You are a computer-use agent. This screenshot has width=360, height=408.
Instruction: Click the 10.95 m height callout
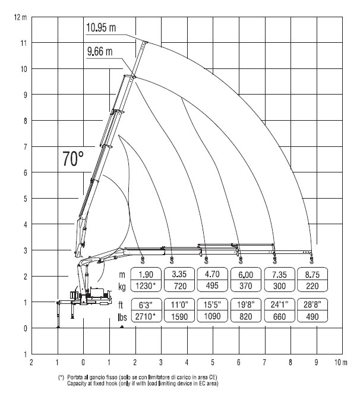pyautogui.click(x=101, y=27)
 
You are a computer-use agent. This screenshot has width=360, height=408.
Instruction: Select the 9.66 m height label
pyautogui.click(x=100, y=52)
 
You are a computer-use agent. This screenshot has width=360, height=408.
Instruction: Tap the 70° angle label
pyautogui.click(x=73, y=159)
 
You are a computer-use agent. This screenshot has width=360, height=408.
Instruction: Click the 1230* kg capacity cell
pyautogui.click(x=146, y=286)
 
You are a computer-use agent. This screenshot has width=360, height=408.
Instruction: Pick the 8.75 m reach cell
pyautogui.click(x=312, y=274)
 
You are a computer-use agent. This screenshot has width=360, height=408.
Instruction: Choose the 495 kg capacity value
pyautogui.click(x=212, y=285)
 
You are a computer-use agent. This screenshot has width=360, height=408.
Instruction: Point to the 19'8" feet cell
pyautogui.click(x=245, y=305)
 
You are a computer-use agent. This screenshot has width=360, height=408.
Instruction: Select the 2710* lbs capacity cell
pyautogui.click(x=146, y=316)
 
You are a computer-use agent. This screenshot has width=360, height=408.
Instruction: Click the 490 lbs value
pyautogui.click(x=312, y=316)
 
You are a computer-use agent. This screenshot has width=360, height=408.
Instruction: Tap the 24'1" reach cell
pyautogui.click(x=279, y=305)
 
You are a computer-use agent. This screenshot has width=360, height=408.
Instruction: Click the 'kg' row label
pyautogui.click(x=122, y=287)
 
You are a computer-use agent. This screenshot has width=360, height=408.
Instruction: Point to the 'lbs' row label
pyautogui.click(x=122, y=316)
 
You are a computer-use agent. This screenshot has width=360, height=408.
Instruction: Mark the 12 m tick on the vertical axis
pyautogui.click(x=20, y=17)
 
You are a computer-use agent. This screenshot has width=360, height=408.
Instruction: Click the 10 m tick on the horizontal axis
pyautogui.click(x=341, y=362)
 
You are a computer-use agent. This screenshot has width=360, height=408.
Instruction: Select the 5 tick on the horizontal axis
pyautogui.click(x=213, y=362)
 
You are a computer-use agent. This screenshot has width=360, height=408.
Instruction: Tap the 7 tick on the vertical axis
pyautogui.click(x=25, y=147)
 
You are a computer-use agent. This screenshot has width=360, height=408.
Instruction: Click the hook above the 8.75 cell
pyautogui.click(x=312, y=260)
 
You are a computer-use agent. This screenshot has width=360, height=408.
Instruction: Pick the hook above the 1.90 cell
pyautogui.click(x=142, y=260)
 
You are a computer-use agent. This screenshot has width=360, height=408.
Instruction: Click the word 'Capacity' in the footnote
pyautogui.click(x=75, y=383)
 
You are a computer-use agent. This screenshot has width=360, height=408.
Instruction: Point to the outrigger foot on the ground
pyautogui.click(x=58, y=327)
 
